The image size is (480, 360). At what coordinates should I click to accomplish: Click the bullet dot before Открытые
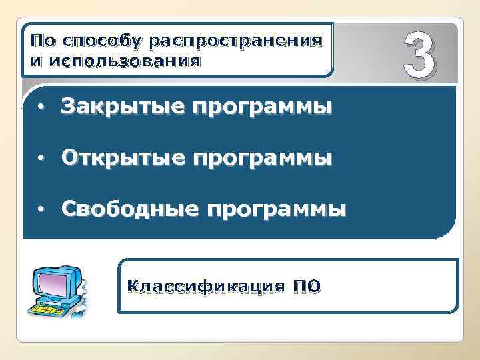[41, 159]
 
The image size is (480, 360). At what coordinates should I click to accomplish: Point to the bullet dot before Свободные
[41, 210]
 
